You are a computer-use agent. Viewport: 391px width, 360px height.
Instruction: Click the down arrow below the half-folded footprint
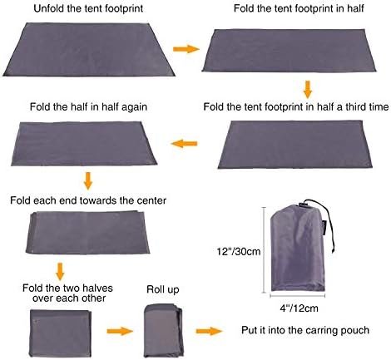coord(307,88)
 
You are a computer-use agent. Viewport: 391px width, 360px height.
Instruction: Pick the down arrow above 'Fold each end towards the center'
coord(87,180)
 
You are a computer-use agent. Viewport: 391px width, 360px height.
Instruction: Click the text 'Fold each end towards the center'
coord(87,200)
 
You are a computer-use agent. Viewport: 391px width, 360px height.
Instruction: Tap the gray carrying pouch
coord(294,249)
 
